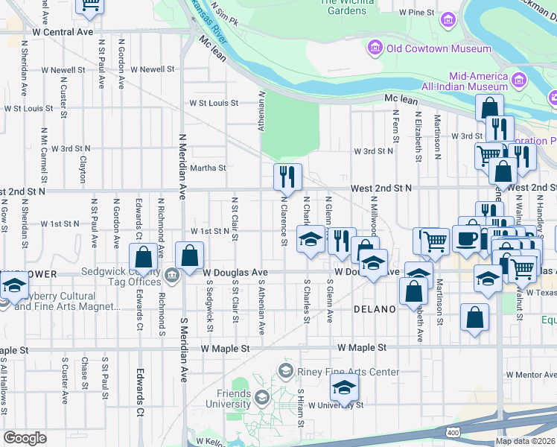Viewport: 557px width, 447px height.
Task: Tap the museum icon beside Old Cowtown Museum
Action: pos(375,49)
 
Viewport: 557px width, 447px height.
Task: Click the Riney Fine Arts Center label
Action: pos(347,372)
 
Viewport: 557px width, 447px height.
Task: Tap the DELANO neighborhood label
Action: pos(373,308)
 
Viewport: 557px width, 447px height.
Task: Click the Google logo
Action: pos(25,438)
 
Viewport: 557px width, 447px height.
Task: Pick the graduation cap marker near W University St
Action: pos(344,387)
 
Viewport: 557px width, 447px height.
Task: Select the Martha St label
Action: pos(208,168)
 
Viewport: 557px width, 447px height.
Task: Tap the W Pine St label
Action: pos(416,13)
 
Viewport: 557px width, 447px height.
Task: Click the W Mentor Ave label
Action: pos(531,373)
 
